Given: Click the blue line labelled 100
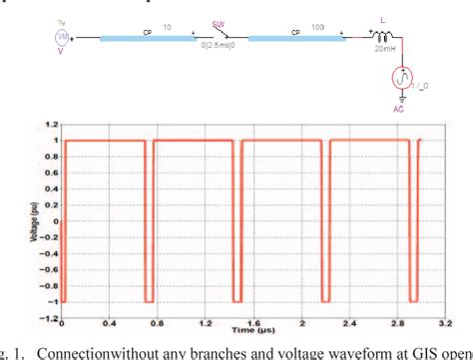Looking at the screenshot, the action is coord(290,39).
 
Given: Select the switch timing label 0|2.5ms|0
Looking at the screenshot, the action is coord(214,49).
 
